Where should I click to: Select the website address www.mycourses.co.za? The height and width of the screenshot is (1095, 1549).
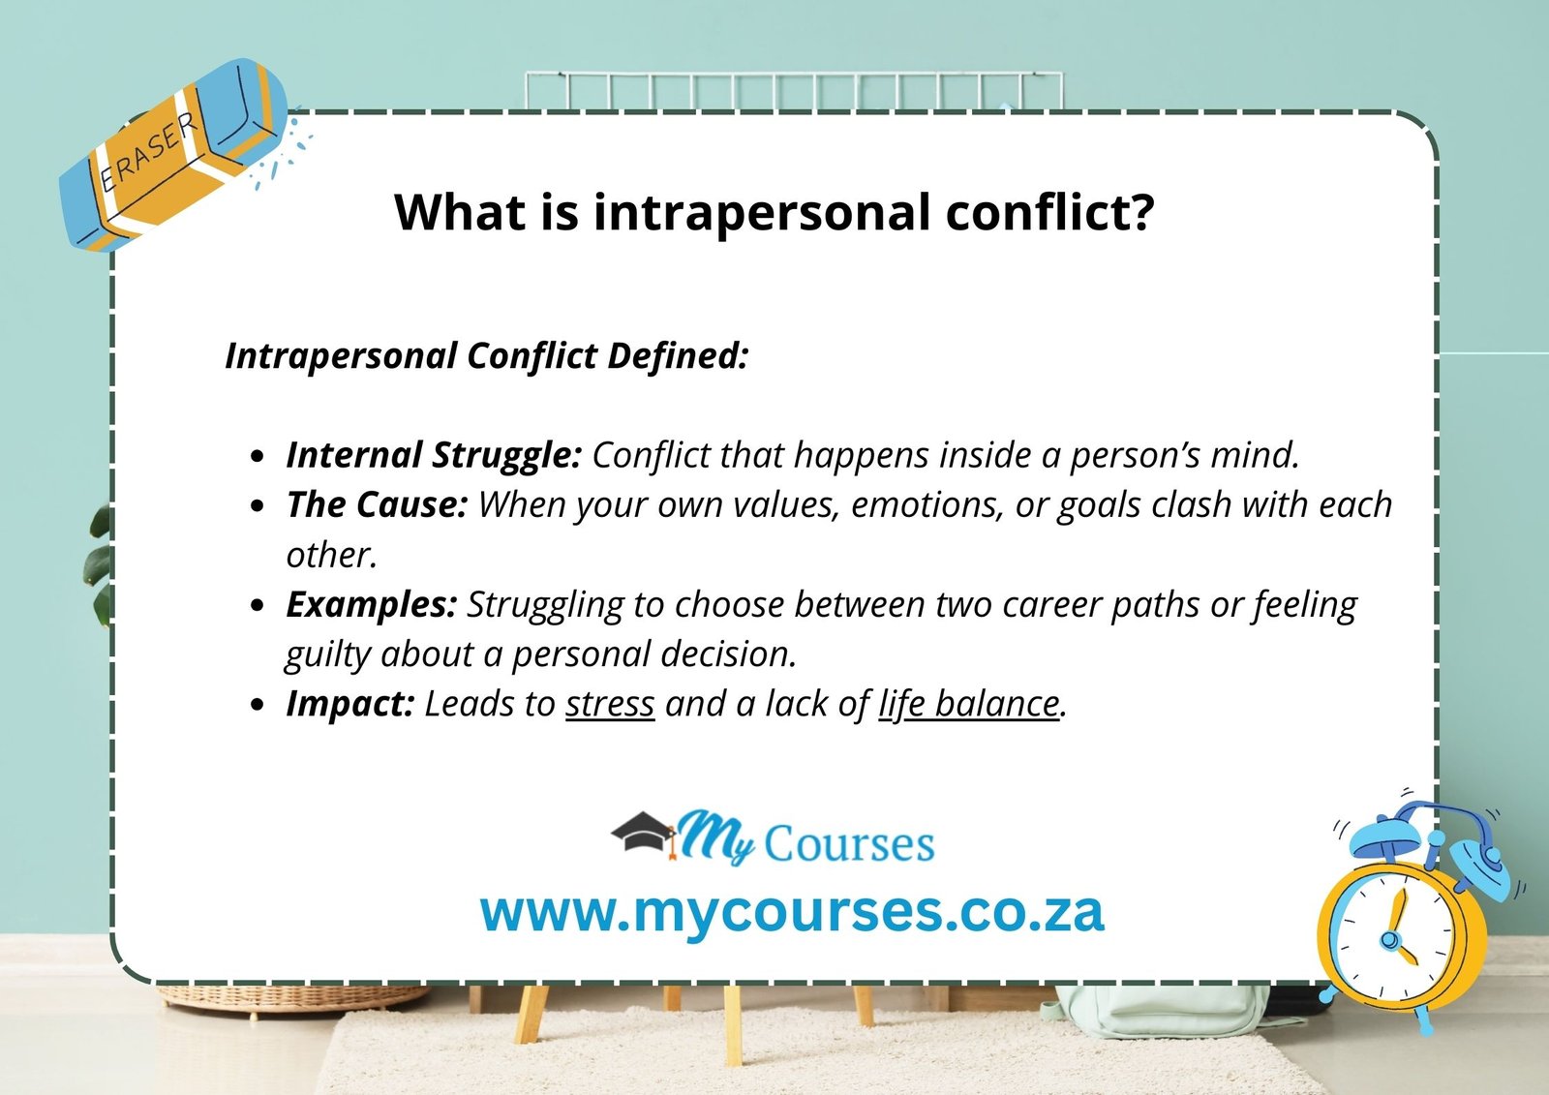792,911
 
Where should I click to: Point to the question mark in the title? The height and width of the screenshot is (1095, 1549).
1142,212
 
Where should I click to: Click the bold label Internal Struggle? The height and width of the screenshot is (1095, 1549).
433,455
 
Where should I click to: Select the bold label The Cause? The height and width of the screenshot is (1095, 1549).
377,504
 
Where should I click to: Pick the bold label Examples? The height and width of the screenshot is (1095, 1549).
371,604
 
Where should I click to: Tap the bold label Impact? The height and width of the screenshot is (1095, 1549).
350,704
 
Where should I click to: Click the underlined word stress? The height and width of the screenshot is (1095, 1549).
610,704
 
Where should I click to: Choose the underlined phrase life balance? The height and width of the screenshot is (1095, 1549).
968,704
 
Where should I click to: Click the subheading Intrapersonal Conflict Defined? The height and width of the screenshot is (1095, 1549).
487,355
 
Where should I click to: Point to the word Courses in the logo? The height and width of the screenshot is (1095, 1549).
849,843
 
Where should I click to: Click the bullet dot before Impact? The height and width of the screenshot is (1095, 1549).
257,705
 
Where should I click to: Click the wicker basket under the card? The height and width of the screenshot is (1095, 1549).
290,997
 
